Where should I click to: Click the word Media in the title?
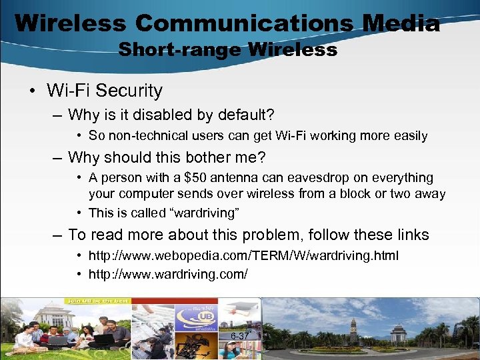point(401,23)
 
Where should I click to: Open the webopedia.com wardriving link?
point(243,256)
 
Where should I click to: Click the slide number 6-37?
point(239,335)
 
